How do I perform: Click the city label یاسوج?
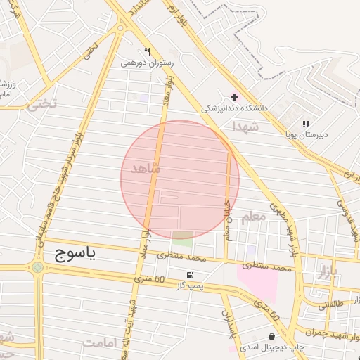(x=75, y=255)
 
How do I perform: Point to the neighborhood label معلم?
(x=252, y=217)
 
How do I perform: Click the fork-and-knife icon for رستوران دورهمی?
(x=147, y=51)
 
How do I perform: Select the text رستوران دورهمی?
(x=147, y=63)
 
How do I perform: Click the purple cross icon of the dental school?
(x=234, y=96)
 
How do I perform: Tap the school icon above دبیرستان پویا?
(x=306, y=122)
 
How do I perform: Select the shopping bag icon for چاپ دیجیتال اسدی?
(x=271, y=336)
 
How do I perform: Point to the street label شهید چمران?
(x=331, y=329)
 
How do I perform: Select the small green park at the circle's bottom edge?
(x=182, y=237)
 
